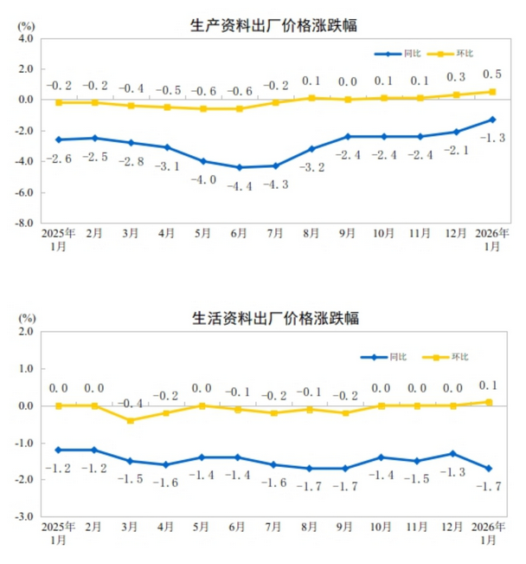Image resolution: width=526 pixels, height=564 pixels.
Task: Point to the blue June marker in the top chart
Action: [239, 167]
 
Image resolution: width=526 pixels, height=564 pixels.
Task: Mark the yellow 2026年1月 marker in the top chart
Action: [492, 92]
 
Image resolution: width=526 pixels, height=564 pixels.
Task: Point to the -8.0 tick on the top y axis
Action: [22, 223]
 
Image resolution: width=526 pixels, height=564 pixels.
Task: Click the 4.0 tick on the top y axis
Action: [24, 38]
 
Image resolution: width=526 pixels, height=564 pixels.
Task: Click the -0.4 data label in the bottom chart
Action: [131, 404]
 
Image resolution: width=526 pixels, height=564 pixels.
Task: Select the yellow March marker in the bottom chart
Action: [131, 420]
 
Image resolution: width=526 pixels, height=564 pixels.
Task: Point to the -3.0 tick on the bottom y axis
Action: [22, 516]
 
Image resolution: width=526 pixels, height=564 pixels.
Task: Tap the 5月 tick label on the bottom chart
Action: [202, 528]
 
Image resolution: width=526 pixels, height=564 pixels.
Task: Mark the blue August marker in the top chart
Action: [311, 149]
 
